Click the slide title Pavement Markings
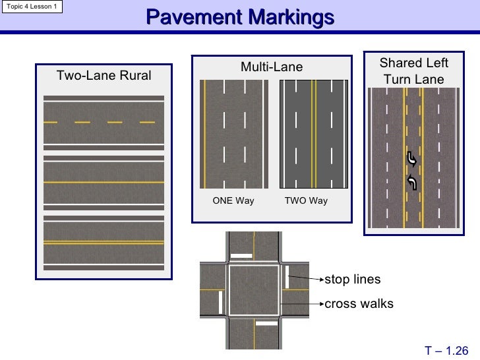pyautogui.click(x=240, y=18)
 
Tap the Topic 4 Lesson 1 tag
pyautogui.click(x=32, y=7)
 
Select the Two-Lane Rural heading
pyautogui.click(x=104, y=75)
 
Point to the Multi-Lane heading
pyautogui.click(x=271, y=67)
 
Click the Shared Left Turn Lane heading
pyautogui.click(x=413, y=71)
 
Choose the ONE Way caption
pyautogui.click(x=233, y=201)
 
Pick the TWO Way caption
pyautogui.click(x=305, y=201)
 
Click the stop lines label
pyautogui.click(x=353, y=280)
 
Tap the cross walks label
pyautogui.click(x=359, y=304)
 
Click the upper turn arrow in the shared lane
pyautogui.click(x=412, y=159)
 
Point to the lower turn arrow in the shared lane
pyautogui.click(x=412, y=183)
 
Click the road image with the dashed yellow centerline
pyautogui.click(x=104, y=122)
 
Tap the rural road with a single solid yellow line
pyautogui.click(x=104, y=181)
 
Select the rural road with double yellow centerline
pyautogui.click(x=104, y=242)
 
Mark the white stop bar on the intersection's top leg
pyautogui.click(x=243, y=255)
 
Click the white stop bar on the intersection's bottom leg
pyautogui.click(x=266, y=324)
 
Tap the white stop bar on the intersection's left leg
pyautogui.click(x=220, y=302)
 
